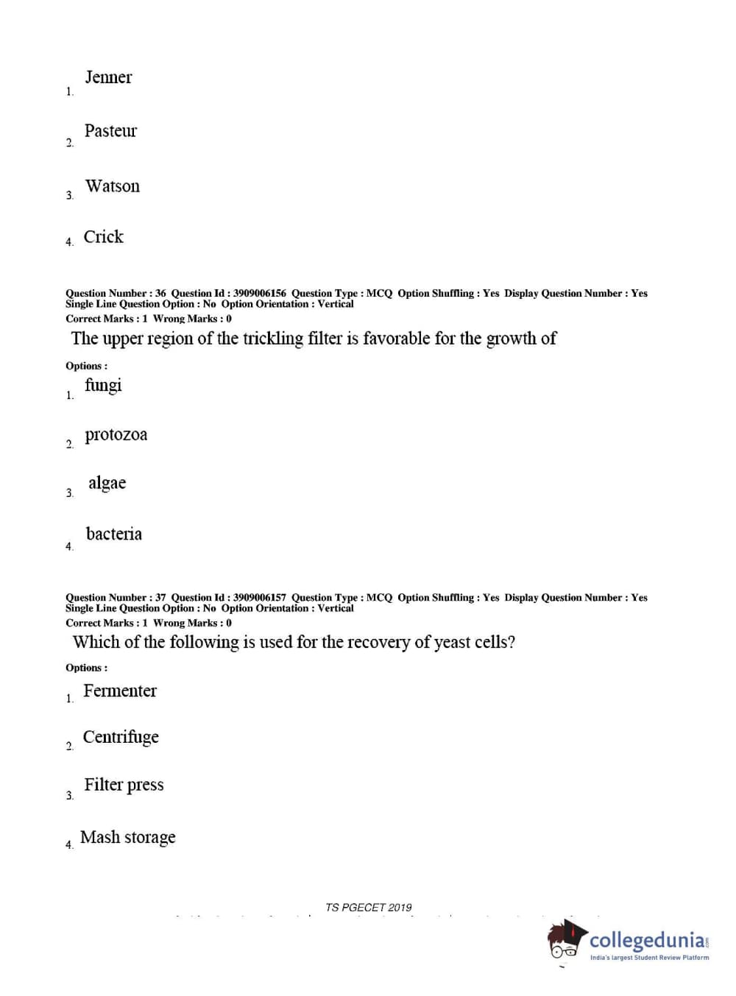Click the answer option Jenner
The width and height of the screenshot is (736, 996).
[108, 77]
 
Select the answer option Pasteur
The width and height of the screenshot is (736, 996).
[110, 131]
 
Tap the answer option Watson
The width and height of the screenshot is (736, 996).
[112, 186]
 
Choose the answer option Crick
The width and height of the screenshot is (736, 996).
[103, 237]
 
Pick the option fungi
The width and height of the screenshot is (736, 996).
[103, 385]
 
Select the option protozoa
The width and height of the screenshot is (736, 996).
[116, 435]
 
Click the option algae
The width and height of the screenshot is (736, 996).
[107, 483]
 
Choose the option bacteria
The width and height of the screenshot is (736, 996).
[113, 534]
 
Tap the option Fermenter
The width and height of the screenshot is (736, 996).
[119, 691]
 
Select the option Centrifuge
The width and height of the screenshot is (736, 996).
[121, 737]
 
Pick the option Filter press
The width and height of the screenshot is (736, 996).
[124, 785]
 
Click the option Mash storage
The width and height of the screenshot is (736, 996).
[128, 837]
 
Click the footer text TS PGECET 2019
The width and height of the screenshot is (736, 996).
[369, 908]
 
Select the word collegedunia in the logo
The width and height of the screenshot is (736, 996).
[647, 940]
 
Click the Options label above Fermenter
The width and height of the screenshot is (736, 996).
[86, 668]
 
